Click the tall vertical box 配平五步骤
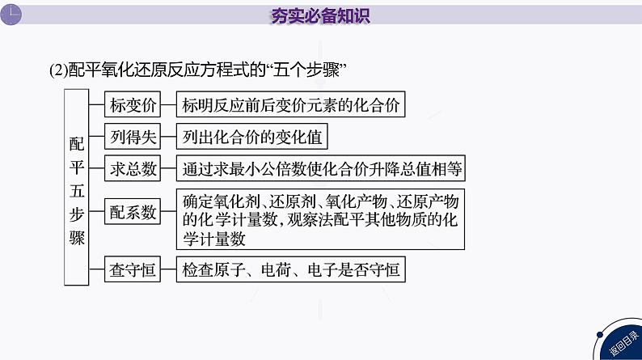77,187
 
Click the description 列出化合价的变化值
252,138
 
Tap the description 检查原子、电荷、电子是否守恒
291,269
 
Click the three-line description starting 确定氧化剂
321,219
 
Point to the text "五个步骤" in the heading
318,70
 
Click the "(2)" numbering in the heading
60,70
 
